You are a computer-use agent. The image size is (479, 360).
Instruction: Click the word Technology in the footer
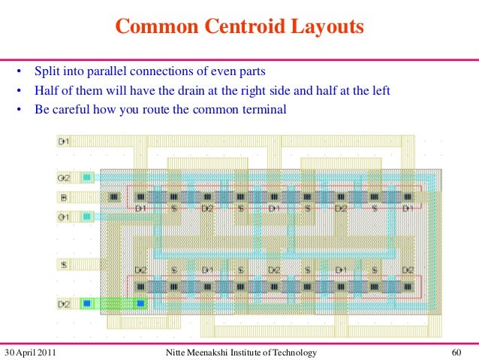[x=294, y=352]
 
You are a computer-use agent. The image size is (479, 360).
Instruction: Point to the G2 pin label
[x=64, y=178]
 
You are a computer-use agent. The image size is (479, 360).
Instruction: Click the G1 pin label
[x=64, y=217]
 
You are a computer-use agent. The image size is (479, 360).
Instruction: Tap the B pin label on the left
[x=63, y=198]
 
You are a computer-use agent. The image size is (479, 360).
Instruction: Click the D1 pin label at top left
[x=64, y=141]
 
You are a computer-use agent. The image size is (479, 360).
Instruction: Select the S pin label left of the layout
[x=64, y=265]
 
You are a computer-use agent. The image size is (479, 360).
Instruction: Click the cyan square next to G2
[x=87, y=178]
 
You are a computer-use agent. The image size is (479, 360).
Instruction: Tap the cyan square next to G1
[x=87, y=216]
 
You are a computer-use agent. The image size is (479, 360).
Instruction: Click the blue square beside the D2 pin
[x=86, y=304]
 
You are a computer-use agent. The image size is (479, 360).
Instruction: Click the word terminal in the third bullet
[x=267, y=109]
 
